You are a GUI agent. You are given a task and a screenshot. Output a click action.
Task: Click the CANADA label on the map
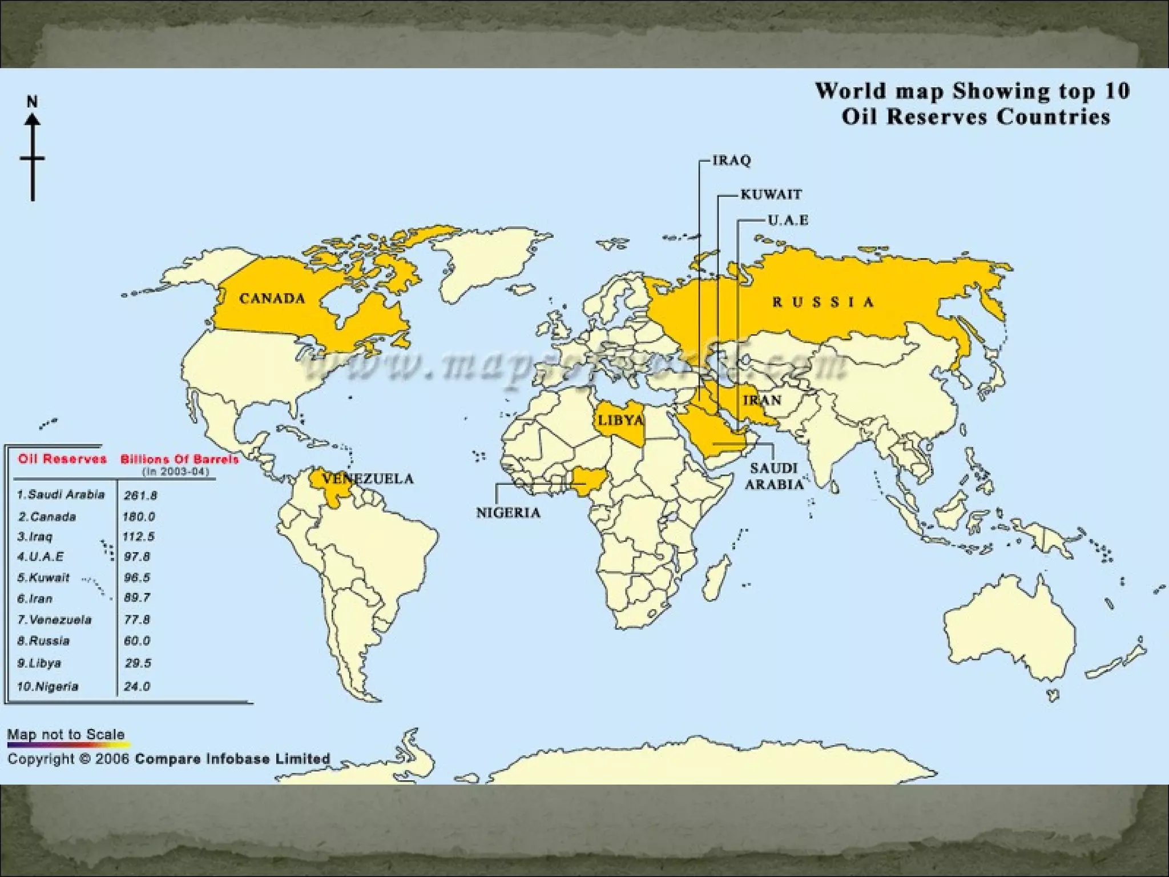[x=272, y=298]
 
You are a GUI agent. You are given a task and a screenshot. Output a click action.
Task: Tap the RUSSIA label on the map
[x=823, y=302]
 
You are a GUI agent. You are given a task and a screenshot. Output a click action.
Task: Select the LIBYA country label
[x=620, y=421]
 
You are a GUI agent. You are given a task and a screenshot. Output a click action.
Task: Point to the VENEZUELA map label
[x=368, y=478]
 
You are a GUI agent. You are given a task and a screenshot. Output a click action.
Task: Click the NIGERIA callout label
[x=508, y=512]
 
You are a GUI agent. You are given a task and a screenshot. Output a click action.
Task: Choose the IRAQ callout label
[x=731, y=160]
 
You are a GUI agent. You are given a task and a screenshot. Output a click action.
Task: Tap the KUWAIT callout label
[x=771, y=195]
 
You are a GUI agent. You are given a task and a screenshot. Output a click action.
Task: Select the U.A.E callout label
[x=788, y=220]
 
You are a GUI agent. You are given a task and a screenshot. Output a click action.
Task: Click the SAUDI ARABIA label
[x=773, y=476]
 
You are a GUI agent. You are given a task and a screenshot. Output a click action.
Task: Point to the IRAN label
[x=762, y=400]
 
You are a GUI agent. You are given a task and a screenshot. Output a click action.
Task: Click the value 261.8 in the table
[x=140, y=495]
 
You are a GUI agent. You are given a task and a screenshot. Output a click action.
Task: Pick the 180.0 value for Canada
[x=139, y=517]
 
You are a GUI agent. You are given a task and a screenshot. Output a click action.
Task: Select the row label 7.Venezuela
[x=54, y=619]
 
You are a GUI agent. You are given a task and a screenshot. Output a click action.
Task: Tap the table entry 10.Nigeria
[x=47, y=686]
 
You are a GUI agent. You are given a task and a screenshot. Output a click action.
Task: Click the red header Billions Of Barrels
[x=179, y=459]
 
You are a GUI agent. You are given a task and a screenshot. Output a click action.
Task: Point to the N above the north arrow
[x=33, y=102]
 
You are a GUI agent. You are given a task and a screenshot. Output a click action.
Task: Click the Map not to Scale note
[x=66, y=734]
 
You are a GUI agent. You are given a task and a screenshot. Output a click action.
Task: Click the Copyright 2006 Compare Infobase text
[x=168, y=759]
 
